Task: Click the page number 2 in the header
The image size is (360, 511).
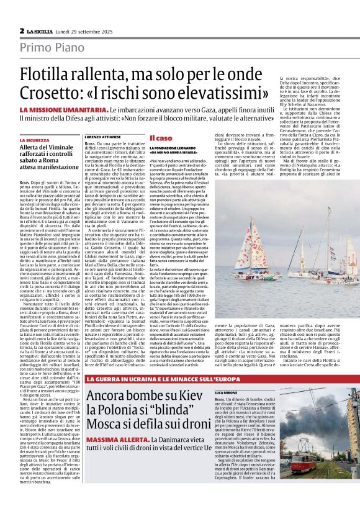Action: (22, 30)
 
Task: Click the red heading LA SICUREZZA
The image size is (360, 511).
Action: (38, 140)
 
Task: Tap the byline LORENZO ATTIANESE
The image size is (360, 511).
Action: (102, 135)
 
